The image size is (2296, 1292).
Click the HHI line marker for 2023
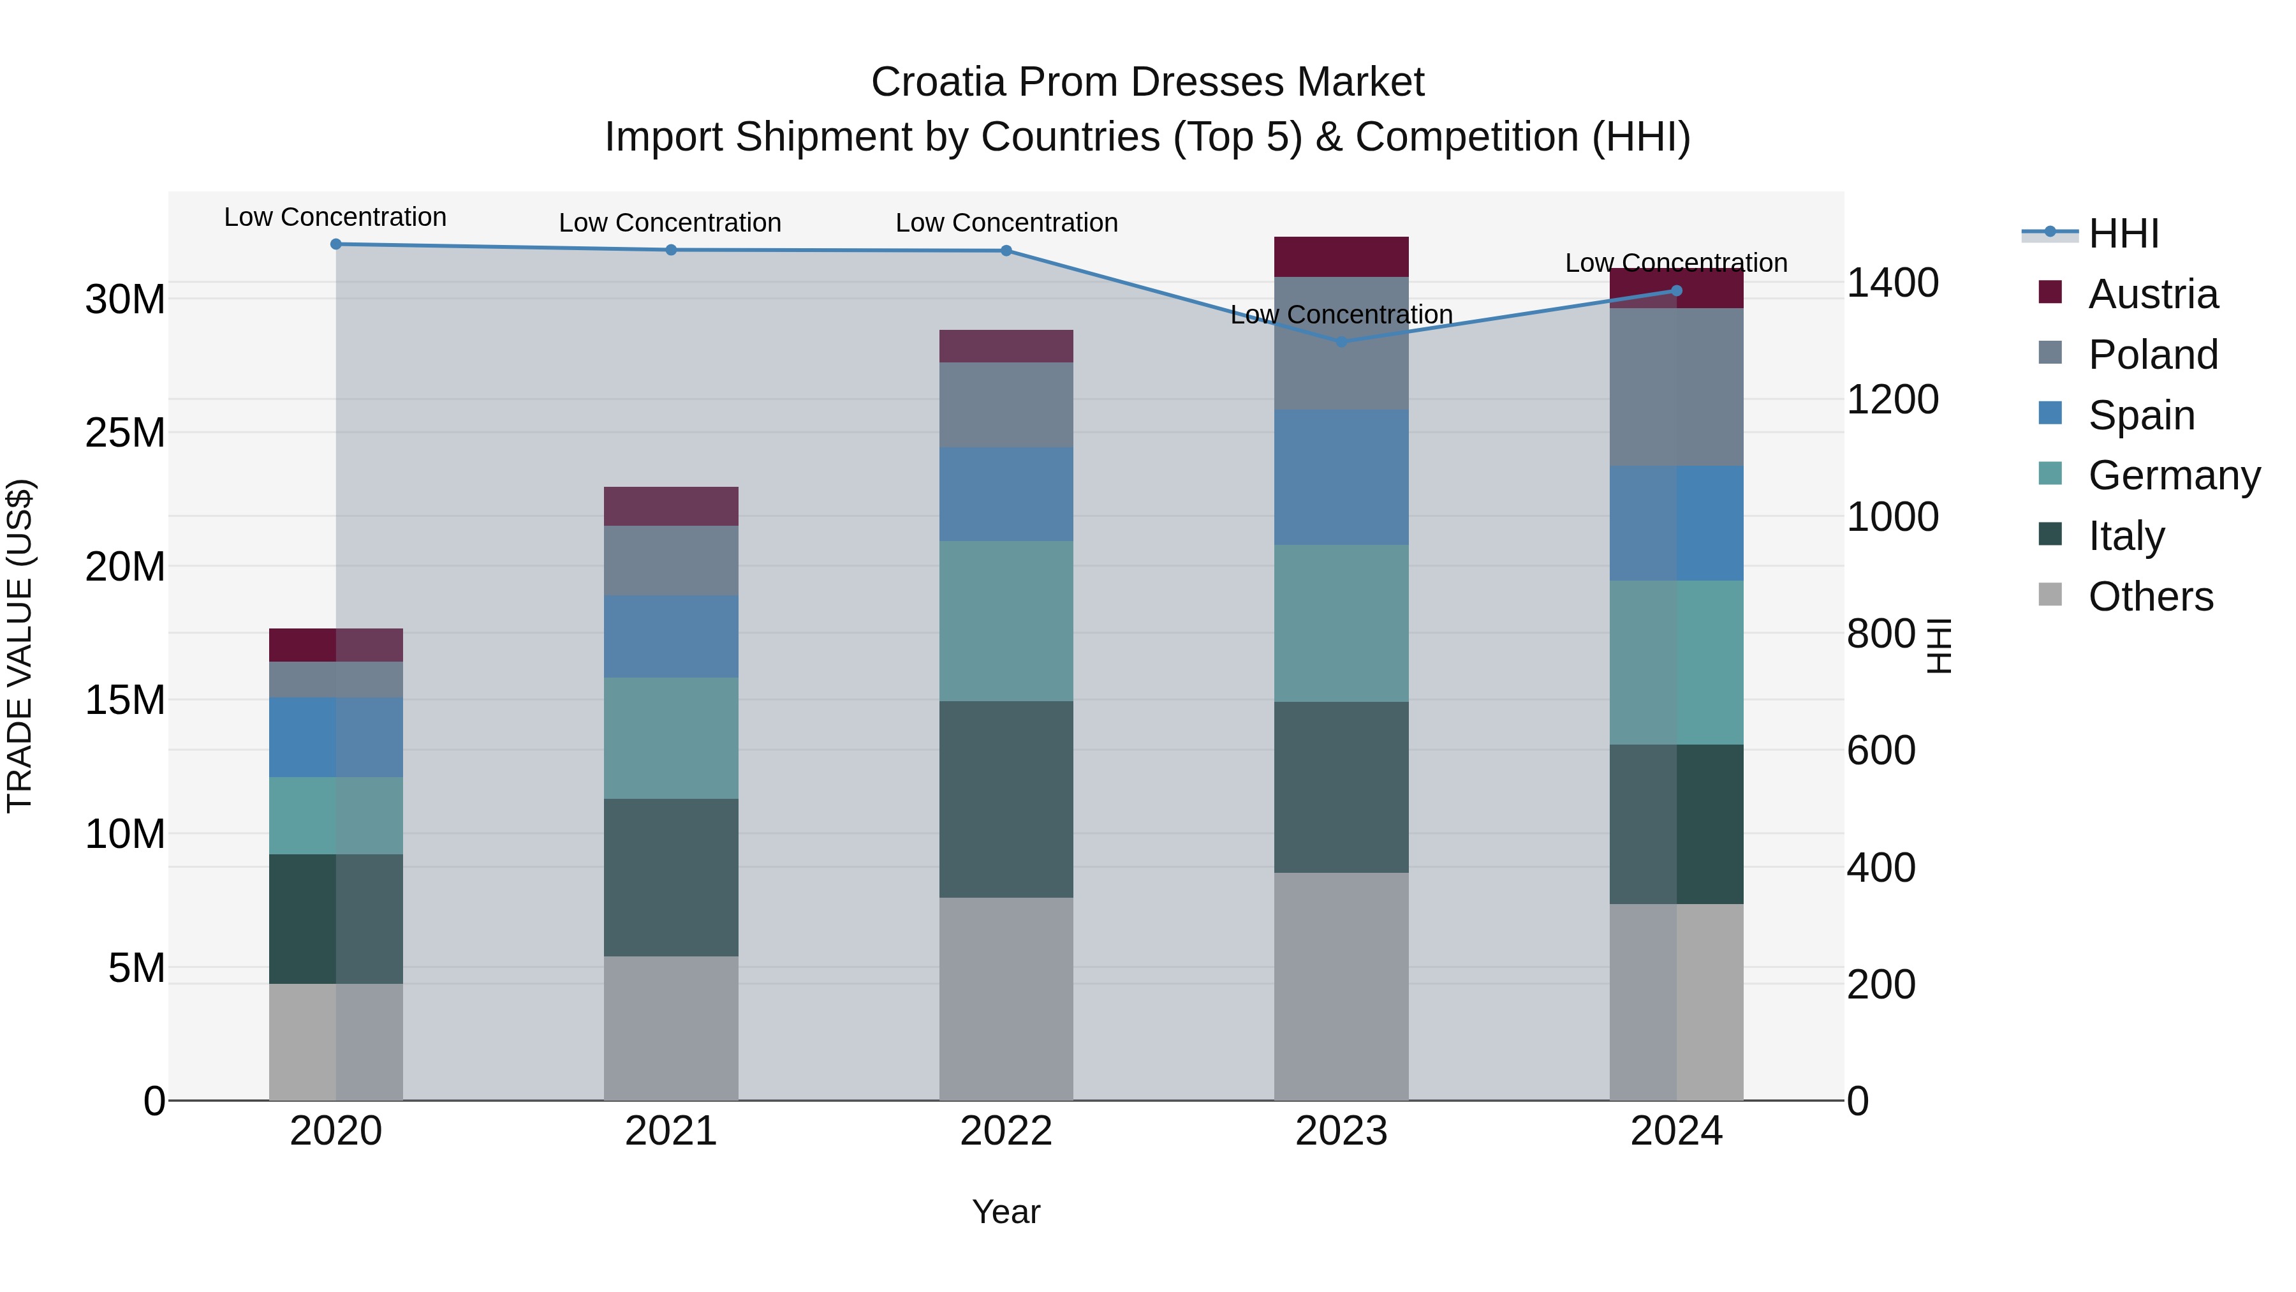click(x=1341, y=341)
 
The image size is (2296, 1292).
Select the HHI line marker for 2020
click(x=336, y=244)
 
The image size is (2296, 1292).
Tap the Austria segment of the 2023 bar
click(x=1341, y=256)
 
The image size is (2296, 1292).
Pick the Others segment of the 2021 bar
click(x=670, y=1027)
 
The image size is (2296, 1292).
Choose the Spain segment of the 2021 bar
click(x=670, y=637)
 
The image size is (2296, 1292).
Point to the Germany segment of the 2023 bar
click(x=1341, y=623)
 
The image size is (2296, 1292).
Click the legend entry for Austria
click(x=2152, y=294)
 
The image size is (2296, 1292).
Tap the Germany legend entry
click(x=2173, y=475)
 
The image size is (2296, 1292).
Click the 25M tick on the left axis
click(x=125, y=433)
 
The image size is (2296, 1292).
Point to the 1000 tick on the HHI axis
click(x=1892, y=517)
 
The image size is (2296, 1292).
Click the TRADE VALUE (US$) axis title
click(x=20, y=646)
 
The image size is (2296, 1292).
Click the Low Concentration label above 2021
click(x=670, y=223)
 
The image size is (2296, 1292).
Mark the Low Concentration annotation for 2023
click(x=1341, y=315)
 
